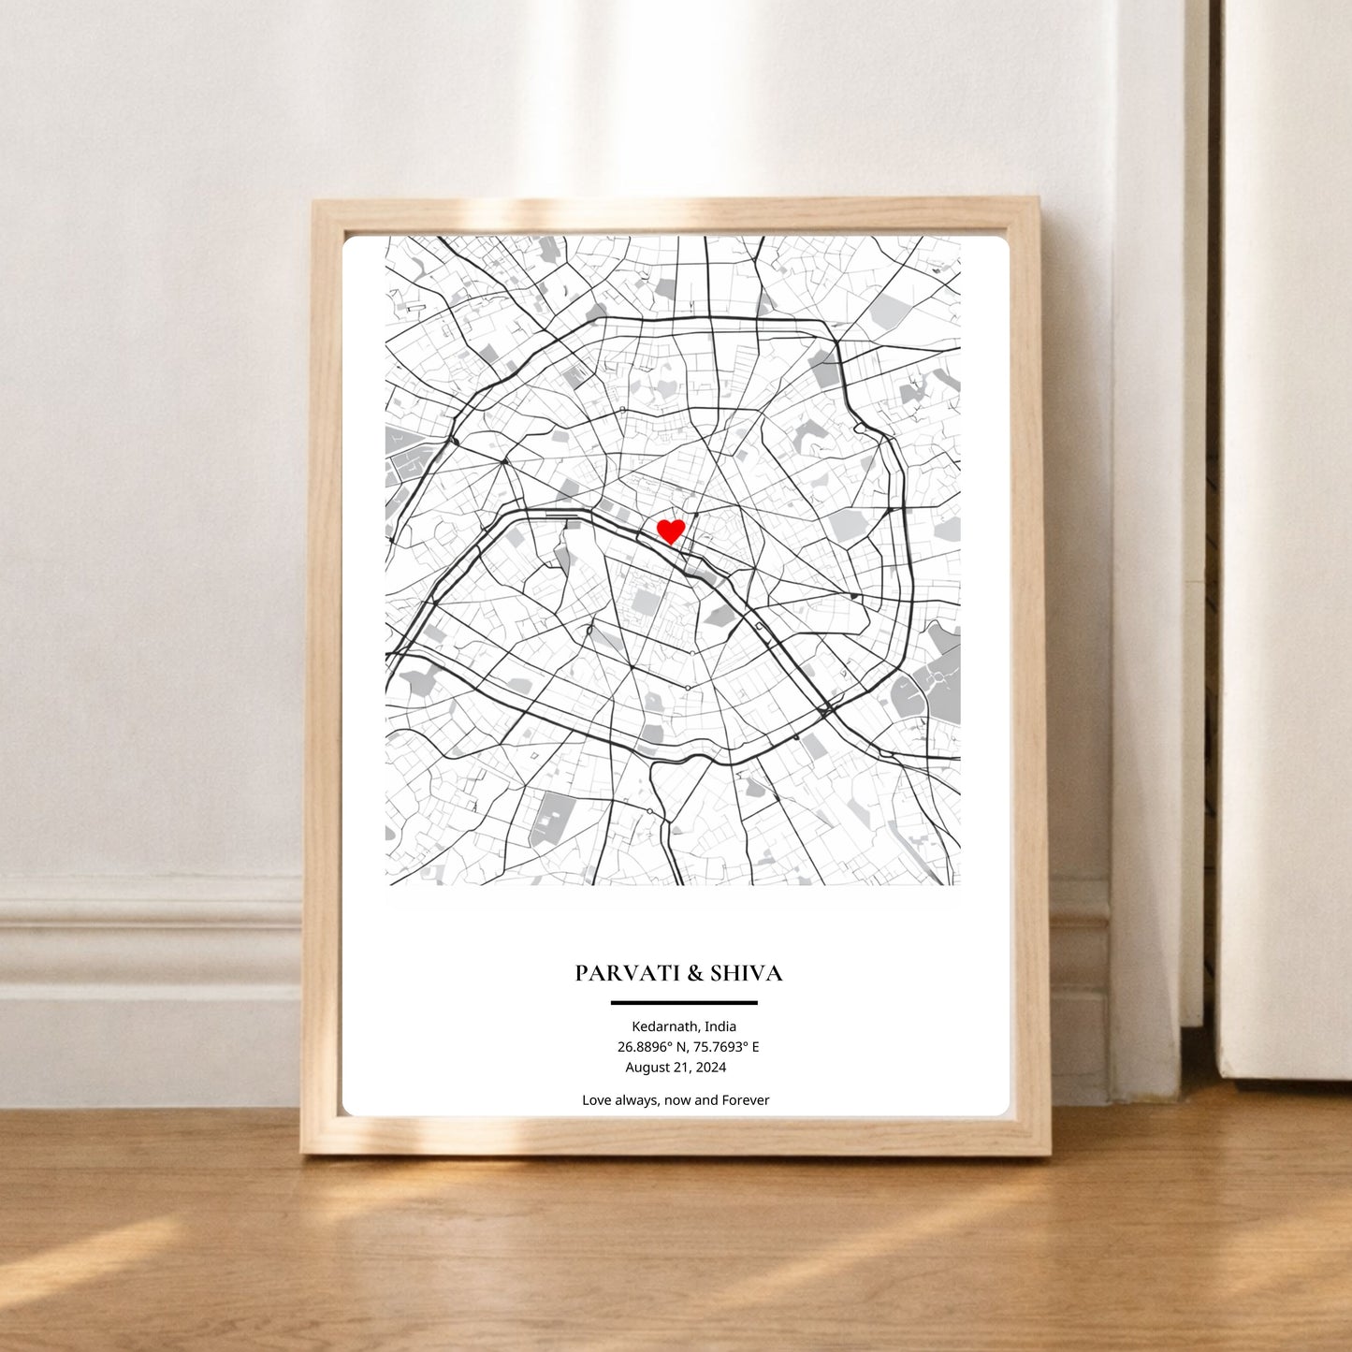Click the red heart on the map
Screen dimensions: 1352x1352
(x=671, y=531)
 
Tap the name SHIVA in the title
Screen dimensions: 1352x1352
(x=747, y=973)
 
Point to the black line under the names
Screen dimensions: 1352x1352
(x=684, y=1003)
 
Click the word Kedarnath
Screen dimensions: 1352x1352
(x=664, y=1026)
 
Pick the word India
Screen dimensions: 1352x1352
(x=720, y=1026)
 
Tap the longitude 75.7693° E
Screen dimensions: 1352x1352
(x=726, y=1047)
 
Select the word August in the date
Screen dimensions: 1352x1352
(x=647, y=1068)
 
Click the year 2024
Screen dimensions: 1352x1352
(x=710, y=1068)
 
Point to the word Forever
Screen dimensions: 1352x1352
(x=746, y=1100)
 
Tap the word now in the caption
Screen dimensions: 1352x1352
(x=676, y=1100)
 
